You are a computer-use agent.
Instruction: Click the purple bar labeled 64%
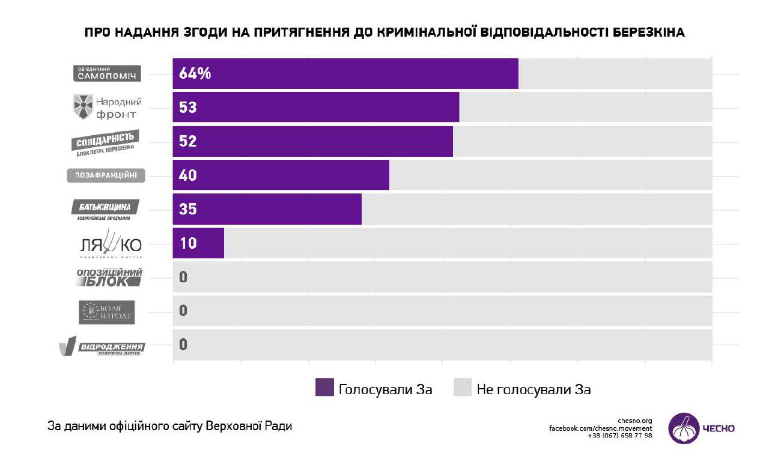[345, 74]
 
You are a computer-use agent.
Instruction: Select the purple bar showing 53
[316, 108]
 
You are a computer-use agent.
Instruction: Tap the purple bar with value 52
[313, 141]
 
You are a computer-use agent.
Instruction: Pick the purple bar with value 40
[281, 175]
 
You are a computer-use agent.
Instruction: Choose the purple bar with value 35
[267, 209]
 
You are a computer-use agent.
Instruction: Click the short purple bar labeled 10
[198, 243]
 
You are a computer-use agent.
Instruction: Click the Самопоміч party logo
[107, 74]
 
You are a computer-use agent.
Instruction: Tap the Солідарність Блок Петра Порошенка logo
[106, 142]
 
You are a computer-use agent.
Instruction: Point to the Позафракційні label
[106, 176]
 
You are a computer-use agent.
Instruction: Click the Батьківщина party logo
[105, 210]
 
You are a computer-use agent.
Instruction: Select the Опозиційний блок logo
[108, 278]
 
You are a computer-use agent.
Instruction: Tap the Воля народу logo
[107, 312]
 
